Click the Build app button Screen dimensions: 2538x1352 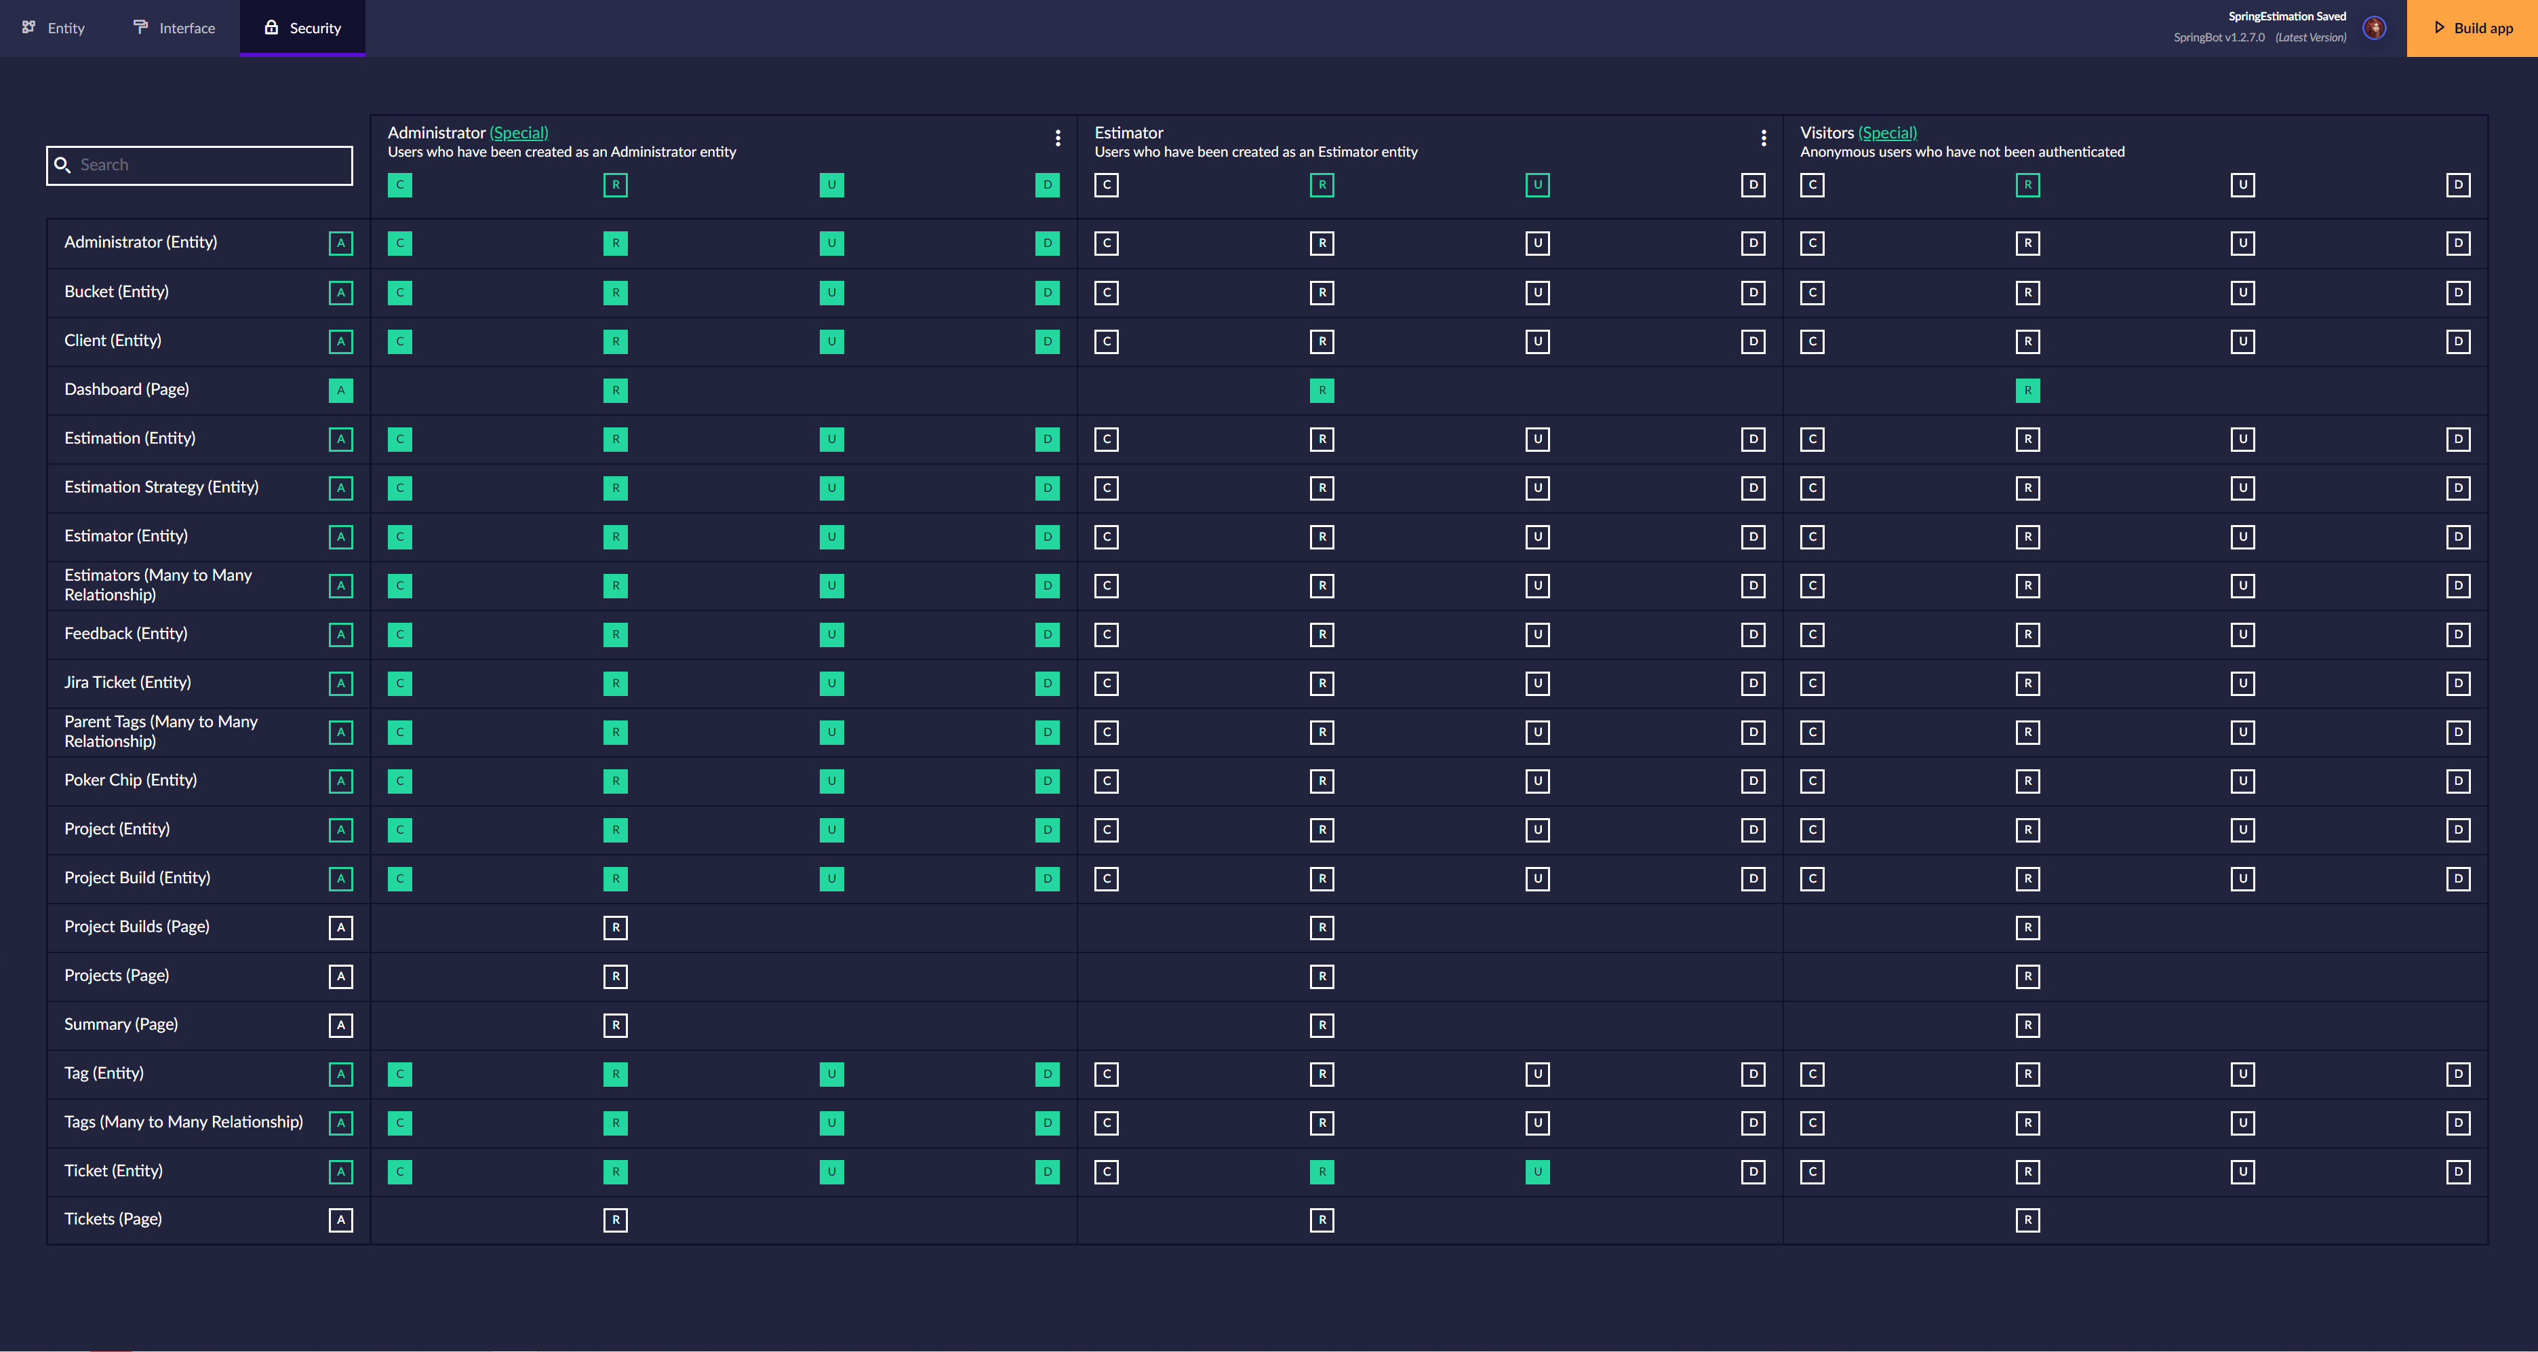click(x=2472, y=28)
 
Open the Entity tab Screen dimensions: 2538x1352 click(x=54, y=28)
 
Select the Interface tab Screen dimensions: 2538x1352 click(x=174, y=28)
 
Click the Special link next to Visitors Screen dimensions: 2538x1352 click(x=1888, y=132)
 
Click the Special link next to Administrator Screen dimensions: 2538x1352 click(x=519, y=132)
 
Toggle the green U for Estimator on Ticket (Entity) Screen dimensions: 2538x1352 click(x=1537, y=1172)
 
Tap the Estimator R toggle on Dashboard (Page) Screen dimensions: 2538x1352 click(x=1322, y=390)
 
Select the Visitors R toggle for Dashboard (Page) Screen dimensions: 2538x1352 click(x=2027, y=390)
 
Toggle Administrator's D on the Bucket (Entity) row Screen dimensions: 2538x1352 click(x=1048, y=292)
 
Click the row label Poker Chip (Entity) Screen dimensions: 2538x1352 click(x=131, y=779)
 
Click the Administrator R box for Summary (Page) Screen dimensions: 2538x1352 click(x=616, y=1025)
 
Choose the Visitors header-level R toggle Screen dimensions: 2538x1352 click(x=2027, y=185)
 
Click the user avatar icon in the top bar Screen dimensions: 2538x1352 click(x=2375, y=28)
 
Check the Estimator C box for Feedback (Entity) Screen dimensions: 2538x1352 click(x=1107, y=634)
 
